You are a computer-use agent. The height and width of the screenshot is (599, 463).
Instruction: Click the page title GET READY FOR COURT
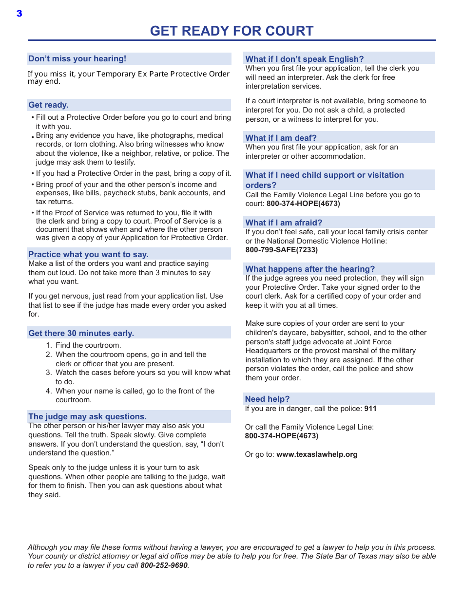(x=231, y=31)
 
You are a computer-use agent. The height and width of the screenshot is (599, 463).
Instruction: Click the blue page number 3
(x=19, y=14)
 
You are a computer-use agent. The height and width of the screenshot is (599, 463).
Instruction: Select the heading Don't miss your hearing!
(x=77, y=59)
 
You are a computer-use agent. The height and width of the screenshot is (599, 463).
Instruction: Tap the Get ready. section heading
(x=48, y=105)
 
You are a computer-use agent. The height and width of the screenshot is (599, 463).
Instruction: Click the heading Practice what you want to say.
(x=88, y=254)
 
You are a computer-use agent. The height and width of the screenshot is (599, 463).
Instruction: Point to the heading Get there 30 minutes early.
(x=81, y=333)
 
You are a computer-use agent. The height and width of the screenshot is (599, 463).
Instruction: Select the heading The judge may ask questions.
(x=87, y=416)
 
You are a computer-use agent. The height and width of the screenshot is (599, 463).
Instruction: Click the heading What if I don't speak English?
(x=304, y=59)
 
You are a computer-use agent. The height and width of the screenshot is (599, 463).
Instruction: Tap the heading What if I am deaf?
(x=281, y=138)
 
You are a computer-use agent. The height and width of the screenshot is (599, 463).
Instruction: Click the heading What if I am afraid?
(x=284, y=223)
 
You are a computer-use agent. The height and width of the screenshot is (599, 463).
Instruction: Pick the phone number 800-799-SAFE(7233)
(x=281, y=250)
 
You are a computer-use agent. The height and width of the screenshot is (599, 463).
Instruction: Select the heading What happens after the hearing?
(x=310, y=269)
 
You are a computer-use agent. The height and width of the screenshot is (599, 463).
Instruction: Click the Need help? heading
(x=267, y=399)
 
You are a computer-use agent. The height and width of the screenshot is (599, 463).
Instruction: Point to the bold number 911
(x=370, y=409)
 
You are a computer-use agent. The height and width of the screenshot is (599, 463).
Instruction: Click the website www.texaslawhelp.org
(x=317, y=454)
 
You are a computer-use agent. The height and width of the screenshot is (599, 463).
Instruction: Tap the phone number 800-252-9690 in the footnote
(x=164, y=565)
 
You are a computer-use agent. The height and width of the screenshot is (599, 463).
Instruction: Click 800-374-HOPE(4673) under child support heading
(x=303, y=204)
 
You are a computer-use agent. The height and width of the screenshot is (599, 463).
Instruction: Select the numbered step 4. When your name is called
(x=135, y=391)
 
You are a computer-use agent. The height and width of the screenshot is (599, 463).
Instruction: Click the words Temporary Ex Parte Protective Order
(x=163, y=74)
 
